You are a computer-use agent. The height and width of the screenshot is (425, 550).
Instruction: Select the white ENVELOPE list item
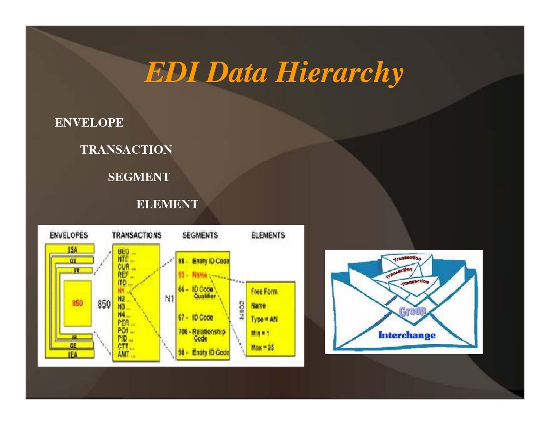(x=89, y=122)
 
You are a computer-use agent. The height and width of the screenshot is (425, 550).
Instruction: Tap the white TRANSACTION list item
(x=126, y=150)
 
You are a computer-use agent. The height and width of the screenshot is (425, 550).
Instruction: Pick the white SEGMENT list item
(x=139, y=177)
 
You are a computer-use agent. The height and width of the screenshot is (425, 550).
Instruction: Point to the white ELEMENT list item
(x=167, y=204)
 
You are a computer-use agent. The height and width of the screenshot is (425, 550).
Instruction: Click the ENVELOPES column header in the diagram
(x=69, y=235)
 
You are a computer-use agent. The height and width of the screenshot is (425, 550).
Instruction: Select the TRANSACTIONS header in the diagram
(x=136, y=235)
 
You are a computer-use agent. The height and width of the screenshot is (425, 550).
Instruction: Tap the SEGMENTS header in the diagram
(x=200, y=235)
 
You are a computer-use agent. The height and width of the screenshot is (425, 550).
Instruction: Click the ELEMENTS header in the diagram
(x=268, y=235)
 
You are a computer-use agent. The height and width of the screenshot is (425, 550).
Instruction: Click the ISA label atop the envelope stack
(x=73, y=250)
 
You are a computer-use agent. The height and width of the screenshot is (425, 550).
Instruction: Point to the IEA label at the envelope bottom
(x=73, y=355)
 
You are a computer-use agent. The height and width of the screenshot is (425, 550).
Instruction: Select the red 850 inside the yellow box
(x=77, y=303)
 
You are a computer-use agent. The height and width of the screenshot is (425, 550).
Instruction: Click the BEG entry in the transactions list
(x=123, y=252)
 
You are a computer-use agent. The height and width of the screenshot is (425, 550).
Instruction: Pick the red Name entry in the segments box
(x=199, y=275)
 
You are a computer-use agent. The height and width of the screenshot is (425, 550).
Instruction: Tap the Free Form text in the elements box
(x=264, y=292)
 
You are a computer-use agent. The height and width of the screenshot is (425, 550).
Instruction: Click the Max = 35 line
(x=262, y=347)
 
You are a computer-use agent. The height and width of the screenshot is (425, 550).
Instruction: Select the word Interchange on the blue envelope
(x=407, y=335)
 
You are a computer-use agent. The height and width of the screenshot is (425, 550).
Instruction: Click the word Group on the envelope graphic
(x=412, y=311)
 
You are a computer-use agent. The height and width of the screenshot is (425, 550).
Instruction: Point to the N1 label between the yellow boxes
(x=169, y=299)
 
